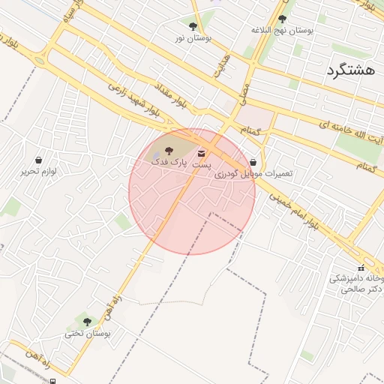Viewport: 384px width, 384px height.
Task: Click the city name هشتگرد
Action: point(350,71)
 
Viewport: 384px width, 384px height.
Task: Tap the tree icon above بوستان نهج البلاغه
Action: point(282,19)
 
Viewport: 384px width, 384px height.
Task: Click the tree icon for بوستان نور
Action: point(193,26)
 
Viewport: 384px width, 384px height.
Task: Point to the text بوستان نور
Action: point(193,37)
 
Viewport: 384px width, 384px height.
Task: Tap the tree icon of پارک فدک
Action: point(168,150)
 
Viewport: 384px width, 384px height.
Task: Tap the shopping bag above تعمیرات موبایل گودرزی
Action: point(253,162)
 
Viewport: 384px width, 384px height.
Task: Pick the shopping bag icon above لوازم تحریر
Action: point(38,160)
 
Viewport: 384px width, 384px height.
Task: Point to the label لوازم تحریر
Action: point(38,171)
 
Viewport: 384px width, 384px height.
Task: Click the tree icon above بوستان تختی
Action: point(87,322)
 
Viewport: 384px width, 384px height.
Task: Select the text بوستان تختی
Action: point(87,333)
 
